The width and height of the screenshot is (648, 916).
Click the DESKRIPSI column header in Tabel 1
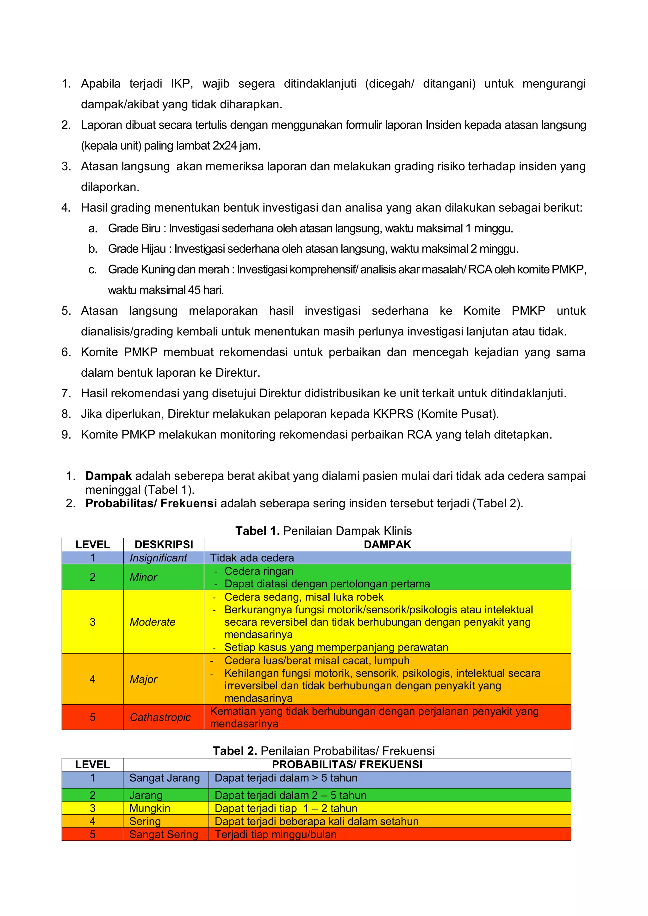pyautogui.click(x=164, y=545)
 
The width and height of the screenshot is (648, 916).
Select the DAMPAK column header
pyautogui.click(x=387, y=545)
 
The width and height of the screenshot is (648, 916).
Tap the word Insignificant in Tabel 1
pyautogui.click(x=159, y=558)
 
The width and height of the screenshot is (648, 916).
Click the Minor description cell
pyautogui.click(x=144, y=577)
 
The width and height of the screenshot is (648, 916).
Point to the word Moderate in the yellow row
pyautogui.click(x=153, y=622)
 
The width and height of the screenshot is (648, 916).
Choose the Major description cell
pyautogui.click(x=144, y=679)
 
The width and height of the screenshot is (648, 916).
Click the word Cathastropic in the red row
pyautogui.click(x=160, y=717)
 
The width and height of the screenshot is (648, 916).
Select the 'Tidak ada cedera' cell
pyautogui.click(x=252, y=558)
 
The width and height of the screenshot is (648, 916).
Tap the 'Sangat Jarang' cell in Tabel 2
pyautogui.click(x=165, y=778)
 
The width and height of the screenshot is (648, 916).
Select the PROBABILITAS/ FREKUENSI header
pyautogui.click(x=347, y=764)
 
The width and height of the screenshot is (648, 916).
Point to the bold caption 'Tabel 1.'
pyautogui.click(x=257, y=531)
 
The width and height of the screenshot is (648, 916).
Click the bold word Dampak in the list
pyautogui.click(x=108, y=476)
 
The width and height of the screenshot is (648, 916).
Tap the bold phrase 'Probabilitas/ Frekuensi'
pyautogui.click(x=151, y=504)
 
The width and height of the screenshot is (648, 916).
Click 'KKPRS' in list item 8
pyautogui.click(x=393, y=414)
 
